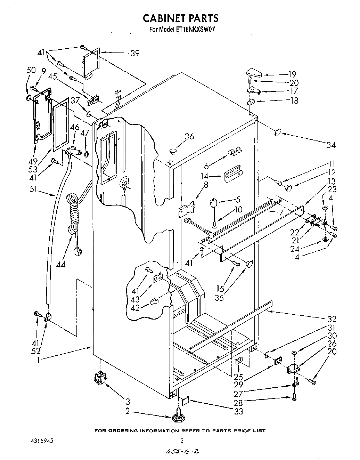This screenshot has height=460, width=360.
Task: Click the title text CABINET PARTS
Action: click(181, 18)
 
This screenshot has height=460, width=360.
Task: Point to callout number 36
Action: click(189, 136)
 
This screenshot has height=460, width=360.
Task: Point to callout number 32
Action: click(332, 319)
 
